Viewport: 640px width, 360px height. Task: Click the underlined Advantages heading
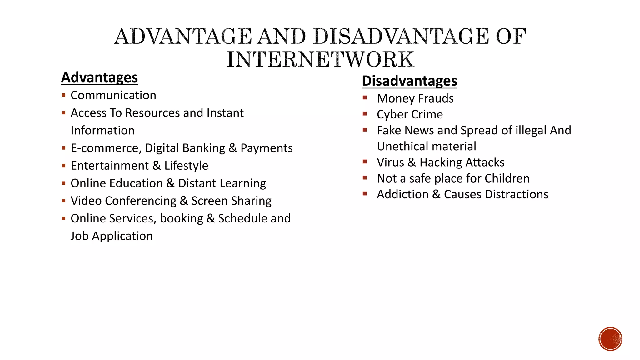[x=99, y=77]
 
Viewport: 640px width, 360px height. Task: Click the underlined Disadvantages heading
[x=409, y=81]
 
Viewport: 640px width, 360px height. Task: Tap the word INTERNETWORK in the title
[x=320, y=59]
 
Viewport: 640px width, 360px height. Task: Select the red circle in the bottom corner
[x=610, y=339]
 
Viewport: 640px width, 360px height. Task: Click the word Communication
[x=113, y=95]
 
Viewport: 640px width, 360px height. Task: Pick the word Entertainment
[x=110, y=166]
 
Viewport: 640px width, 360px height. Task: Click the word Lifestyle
[x=186, y=166]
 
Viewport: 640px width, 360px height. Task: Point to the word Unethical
[x=400, y=147]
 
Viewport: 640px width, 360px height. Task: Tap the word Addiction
[x=402, y=194]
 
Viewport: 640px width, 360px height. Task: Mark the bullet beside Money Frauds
[x=365, y=98]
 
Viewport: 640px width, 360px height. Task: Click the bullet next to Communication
[x=64, y=95]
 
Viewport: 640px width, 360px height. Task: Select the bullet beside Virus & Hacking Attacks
[x=365, y=162]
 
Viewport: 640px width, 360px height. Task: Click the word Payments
[x=267, y=148]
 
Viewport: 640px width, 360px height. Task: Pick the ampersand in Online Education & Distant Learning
[x=170, y=183]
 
